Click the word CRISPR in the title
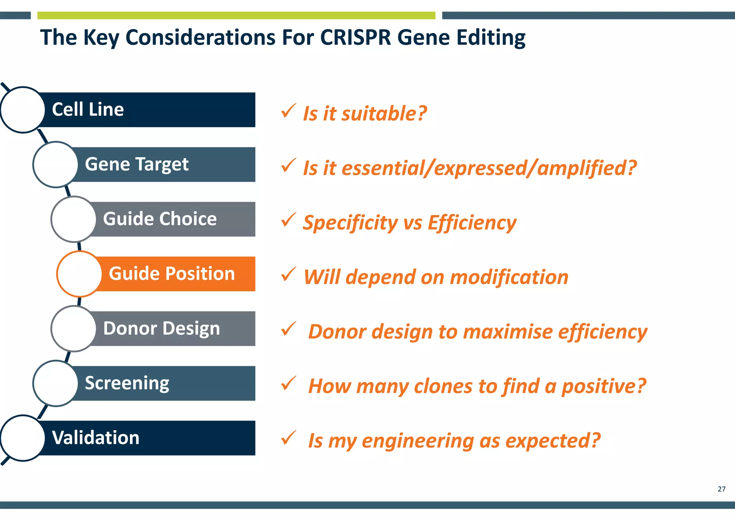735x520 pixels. [x=355, y=37]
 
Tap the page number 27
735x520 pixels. [x=721, y=489]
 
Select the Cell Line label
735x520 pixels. [x=88, y=110]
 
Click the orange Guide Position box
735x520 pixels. [x=172, y=274]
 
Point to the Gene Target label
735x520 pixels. [x=136, y=164]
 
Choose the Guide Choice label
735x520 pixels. [x=160, y=219]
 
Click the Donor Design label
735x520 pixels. [x=161, y=329]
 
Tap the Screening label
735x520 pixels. [x=127, y=383]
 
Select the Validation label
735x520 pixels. [x=95, y=438]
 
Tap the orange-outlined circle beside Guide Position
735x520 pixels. [x=79, y=274]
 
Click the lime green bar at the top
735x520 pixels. [x=236, y=15]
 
